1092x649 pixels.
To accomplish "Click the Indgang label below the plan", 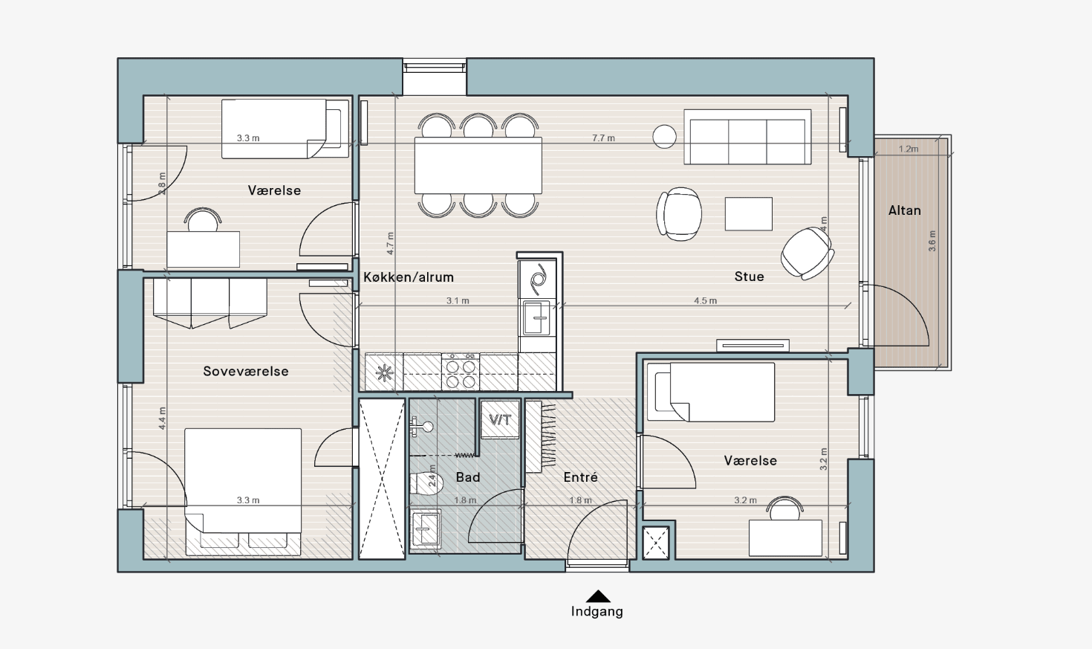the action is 597,611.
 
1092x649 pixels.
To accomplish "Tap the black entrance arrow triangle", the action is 598,596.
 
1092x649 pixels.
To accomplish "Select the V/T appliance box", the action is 500,419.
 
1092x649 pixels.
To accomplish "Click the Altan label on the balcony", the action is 904,210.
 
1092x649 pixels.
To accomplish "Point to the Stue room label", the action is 749,277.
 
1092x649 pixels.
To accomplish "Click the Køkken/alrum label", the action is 409,277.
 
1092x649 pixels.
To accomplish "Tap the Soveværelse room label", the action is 246,372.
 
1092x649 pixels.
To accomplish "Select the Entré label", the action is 580,477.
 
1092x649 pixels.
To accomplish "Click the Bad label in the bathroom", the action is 468,477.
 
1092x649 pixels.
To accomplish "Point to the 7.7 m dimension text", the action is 603,138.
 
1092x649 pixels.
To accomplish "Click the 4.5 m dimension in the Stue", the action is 706,300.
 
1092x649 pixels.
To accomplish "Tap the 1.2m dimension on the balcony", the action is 909,149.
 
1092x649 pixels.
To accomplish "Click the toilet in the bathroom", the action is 426,482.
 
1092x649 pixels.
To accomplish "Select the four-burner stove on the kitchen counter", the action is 461,372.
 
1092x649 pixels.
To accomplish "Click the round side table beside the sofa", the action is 664,136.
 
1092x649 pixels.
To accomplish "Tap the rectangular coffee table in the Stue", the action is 748,213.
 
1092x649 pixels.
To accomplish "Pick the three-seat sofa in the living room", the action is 747,137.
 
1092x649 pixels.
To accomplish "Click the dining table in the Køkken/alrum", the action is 478,166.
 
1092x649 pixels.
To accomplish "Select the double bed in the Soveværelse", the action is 243,492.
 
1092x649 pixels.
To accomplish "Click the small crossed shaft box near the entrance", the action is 656,543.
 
